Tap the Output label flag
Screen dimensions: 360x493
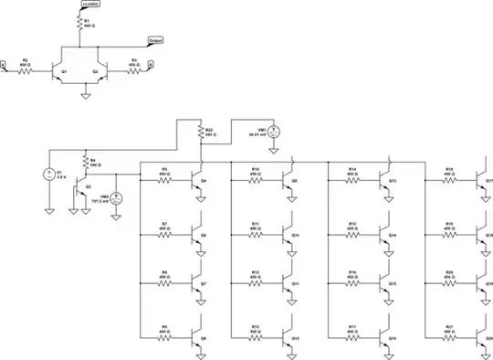155,41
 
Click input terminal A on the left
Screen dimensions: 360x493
4,65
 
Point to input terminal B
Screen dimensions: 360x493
152,65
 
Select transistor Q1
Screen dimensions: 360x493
59,70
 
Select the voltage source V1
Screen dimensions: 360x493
48,174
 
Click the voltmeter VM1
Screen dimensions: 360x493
271,132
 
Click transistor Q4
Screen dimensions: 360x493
196,181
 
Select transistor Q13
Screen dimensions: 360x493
386,181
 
